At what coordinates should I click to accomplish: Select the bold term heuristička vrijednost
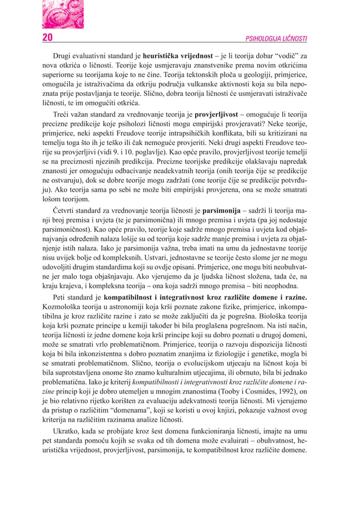point(178,57)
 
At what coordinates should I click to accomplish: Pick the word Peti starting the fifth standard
point(61,297)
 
